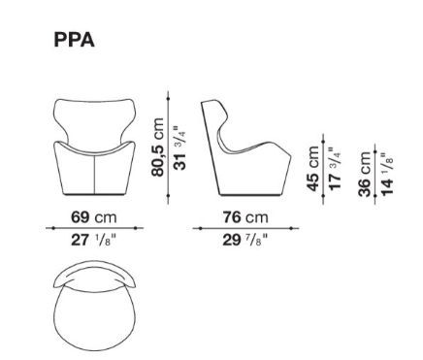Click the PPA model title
tap(74, 40)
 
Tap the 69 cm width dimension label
tap(94, 217)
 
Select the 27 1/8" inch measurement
tap(93, 240)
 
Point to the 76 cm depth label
tap(245, 217)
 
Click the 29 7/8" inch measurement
tap(245, 240)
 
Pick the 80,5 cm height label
tap(158, 147)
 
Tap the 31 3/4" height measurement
tap(180, 147)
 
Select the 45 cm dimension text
tap(312, 169)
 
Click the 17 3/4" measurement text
tap(335, 168)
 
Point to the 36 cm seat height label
tap(365, 174)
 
